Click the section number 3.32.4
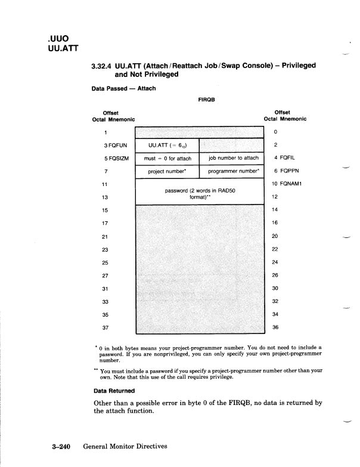(101, 66)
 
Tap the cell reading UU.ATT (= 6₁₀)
(167, 145)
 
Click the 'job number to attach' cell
(233, 159)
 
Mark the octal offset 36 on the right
(275, 327)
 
